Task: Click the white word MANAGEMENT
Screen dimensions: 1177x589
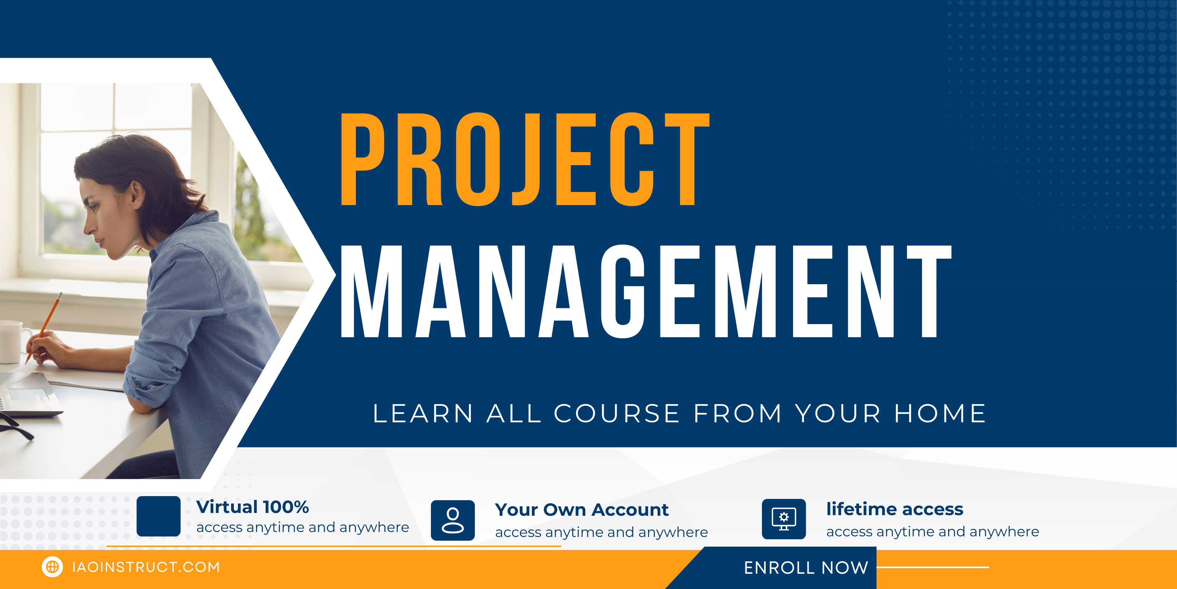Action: [646, 291]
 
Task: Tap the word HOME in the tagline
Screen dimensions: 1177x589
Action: [940, 414]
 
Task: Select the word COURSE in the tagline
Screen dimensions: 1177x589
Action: [617, 414]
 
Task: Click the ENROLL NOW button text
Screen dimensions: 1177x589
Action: [806, 567]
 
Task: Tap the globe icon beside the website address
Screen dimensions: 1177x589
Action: [52, 567]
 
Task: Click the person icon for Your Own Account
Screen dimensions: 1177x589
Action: [453, 520]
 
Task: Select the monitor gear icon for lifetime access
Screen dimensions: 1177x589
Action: [784, 519]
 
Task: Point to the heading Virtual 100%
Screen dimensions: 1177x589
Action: [253, 507]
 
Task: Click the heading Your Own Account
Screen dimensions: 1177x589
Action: [582, 510]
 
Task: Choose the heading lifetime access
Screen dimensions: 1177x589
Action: [895, 509]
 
